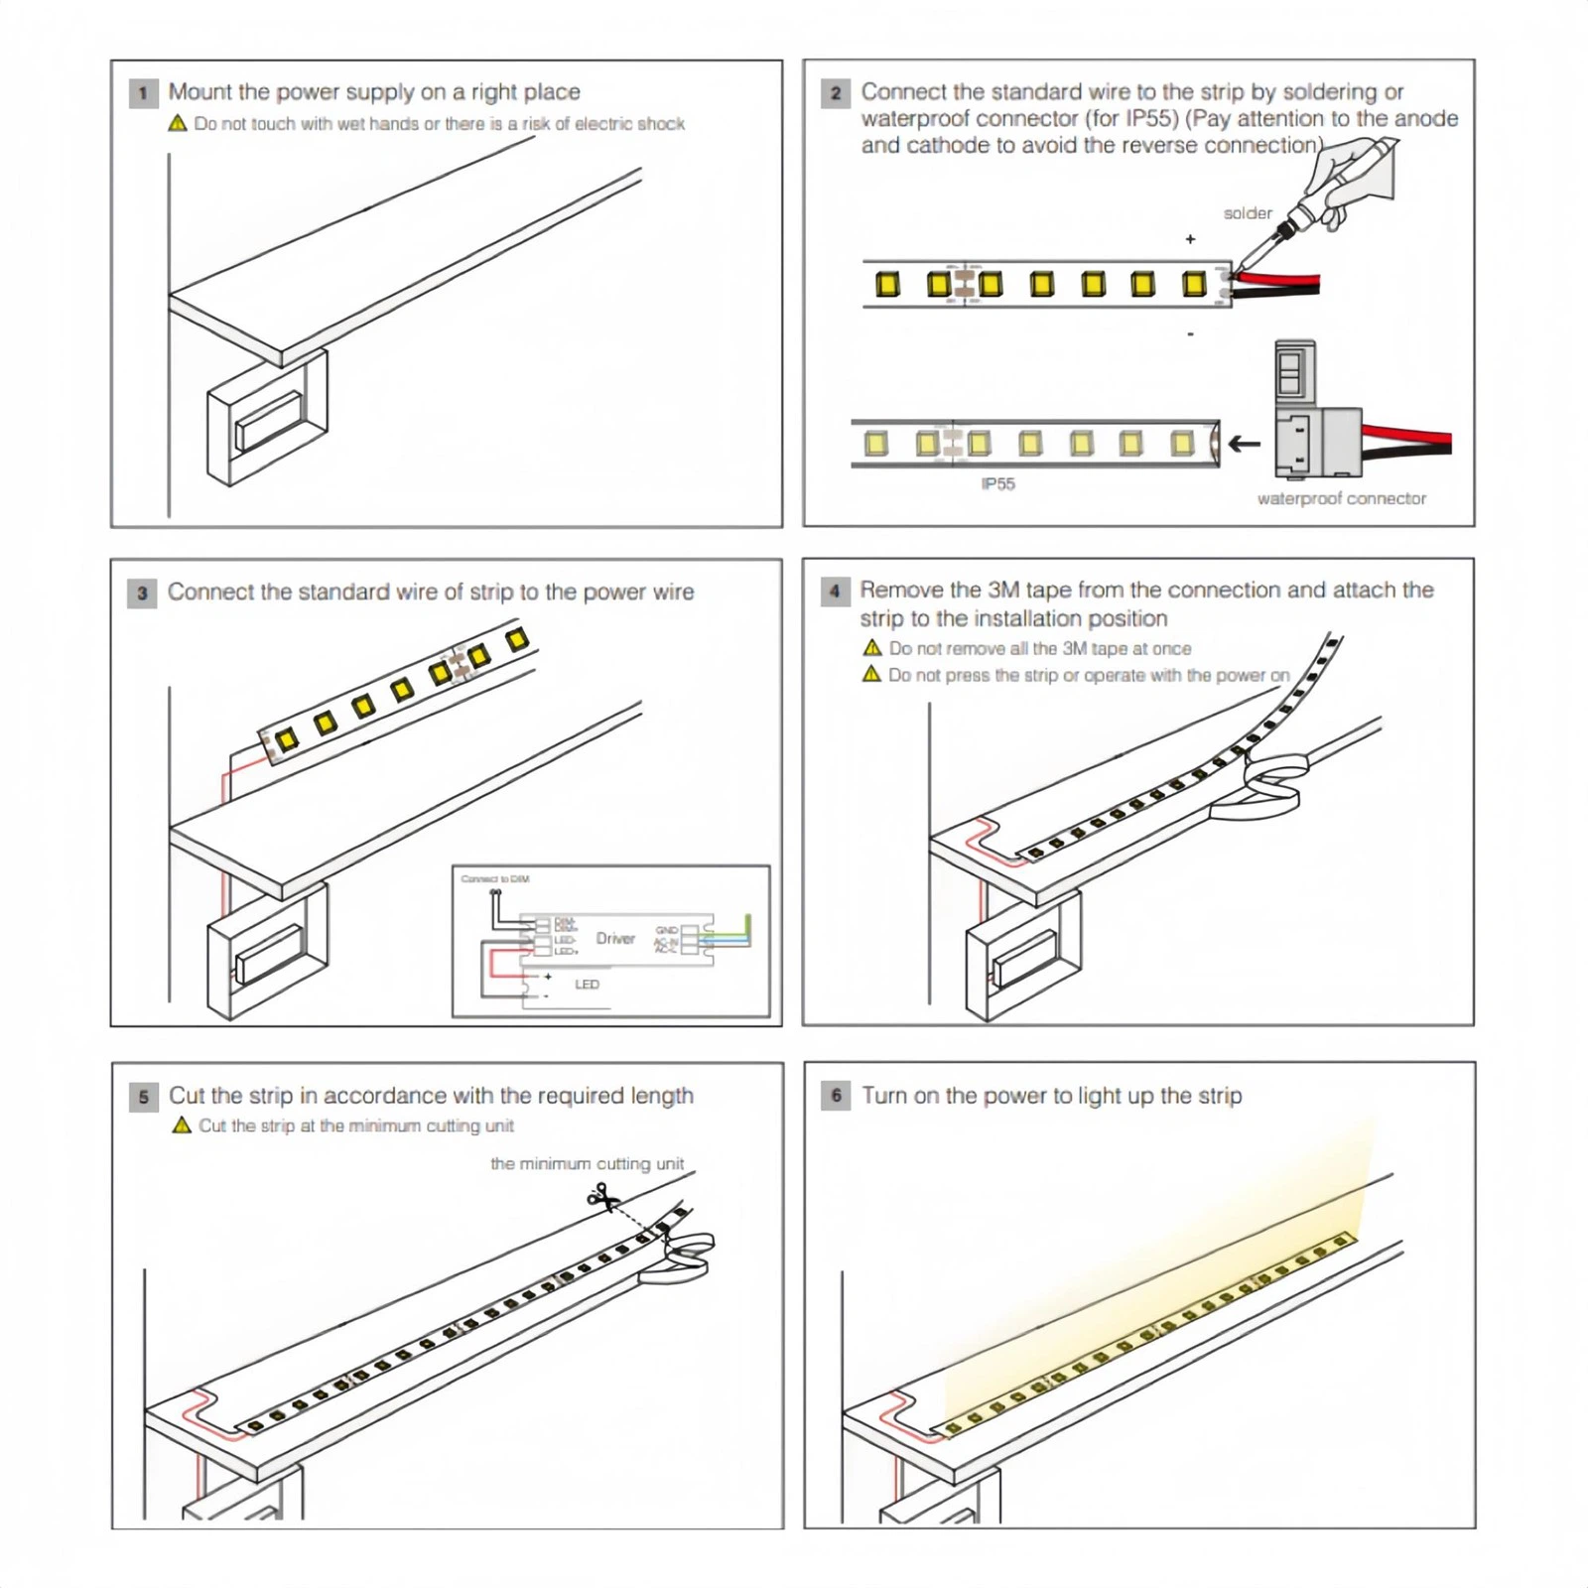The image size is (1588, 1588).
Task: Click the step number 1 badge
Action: coord(143,93)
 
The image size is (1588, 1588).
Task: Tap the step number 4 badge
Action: coord(835,592)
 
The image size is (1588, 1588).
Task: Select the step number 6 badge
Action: coord(836,1096)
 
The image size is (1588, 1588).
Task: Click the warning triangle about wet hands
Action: coord(178,123)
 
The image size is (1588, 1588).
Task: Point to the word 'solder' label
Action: coord(1247,213)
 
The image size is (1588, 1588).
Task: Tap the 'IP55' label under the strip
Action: coord(997,484)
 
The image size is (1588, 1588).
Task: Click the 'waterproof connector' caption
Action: coord(1341,498)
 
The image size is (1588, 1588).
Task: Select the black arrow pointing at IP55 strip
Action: coord(1245,444)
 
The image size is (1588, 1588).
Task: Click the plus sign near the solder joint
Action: coord(1190,239)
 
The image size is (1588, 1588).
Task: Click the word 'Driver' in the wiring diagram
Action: coord(615,939)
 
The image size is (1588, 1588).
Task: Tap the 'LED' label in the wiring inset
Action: coord(587,985)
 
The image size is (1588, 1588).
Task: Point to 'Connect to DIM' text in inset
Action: coord(494,879)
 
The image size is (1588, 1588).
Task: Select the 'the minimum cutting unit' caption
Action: coord(587,1163)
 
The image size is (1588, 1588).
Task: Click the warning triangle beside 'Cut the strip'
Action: coord(182,1125)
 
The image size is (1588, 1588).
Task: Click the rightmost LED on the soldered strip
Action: coord(1194,285)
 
